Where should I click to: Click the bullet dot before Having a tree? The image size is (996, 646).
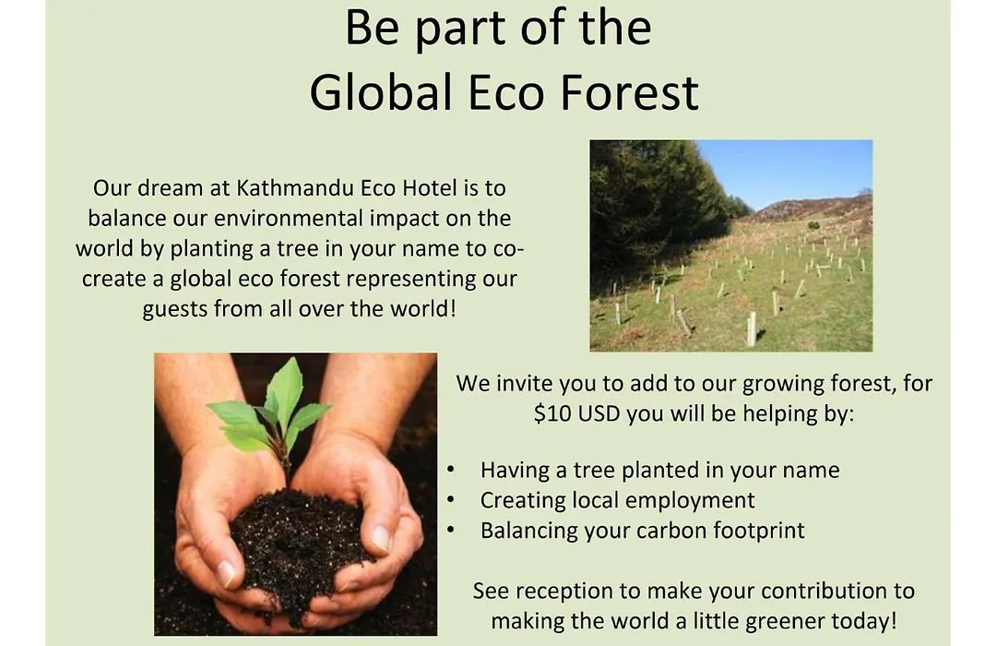(450, 470)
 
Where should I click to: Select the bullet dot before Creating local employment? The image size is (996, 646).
(450, 500)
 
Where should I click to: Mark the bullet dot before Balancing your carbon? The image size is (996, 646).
(450, 531)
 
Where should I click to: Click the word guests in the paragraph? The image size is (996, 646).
(175, 310)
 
